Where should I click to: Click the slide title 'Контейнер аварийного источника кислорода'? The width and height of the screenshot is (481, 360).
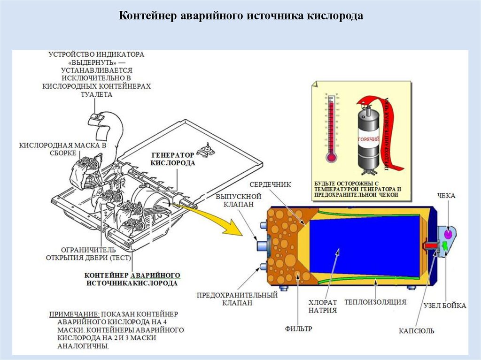pyautogui.click(x=240, y=16)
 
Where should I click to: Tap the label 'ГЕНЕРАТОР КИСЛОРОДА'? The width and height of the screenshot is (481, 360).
pyautogui.click(x=172, y=159)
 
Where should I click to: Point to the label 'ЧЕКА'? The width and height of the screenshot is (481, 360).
pyautogui.click(x=446, y=195)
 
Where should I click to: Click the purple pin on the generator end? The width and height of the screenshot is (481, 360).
pyautogui.click(x=448, y=233)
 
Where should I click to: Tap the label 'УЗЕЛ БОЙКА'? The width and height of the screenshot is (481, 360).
pyautogui.click(x=444, y=306)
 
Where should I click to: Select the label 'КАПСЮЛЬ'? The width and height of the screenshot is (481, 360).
pyautogui.click(x=417, y=331)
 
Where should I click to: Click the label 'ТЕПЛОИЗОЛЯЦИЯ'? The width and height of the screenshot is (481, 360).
pyautogui.click(x=375, y=302)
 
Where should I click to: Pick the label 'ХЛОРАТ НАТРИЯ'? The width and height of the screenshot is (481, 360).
pyautogui.click(x=323, y=306)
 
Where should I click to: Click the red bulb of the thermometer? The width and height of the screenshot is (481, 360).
pyautogui.click(x=332, y=157)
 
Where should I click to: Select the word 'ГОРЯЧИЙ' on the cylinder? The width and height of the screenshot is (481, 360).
pyautogui.click(x=369, y=139)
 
